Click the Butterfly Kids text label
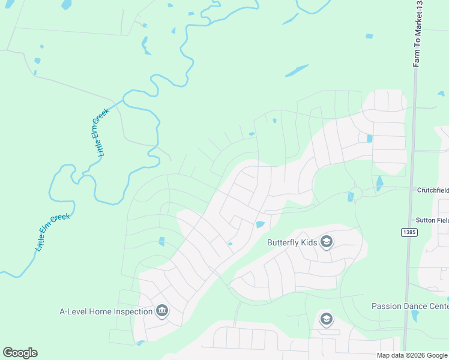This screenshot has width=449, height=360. [x=291, y=242]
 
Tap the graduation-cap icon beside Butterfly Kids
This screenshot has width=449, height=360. [x=327, y=242]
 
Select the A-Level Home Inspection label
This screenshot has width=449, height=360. [x=106, y=311]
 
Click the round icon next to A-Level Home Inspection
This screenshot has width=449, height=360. [x=161, y=311]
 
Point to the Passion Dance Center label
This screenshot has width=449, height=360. [x=410, y=306]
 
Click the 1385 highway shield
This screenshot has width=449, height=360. [x=409, y=232]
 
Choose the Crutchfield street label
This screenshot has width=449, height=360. [x=433, y=190]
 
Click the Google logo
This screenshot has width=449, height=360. [x=20, y=353]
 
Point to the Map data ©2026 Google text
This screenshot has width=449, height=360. [x=412, y=355]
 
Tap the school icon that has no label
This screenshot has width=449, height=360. [x=327, y=318]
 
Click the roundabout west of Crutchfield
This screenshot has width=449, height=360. [x=356, y=193]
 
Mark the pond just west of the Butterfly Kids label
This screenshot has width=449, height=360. [x=259, y=225]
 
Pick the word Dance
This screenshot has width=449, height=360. [x=415, y=306]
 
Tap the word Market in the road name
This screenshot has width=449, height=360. [x=418, y=33]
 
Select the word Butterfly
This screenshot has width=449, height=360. [x=282, y=242]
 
